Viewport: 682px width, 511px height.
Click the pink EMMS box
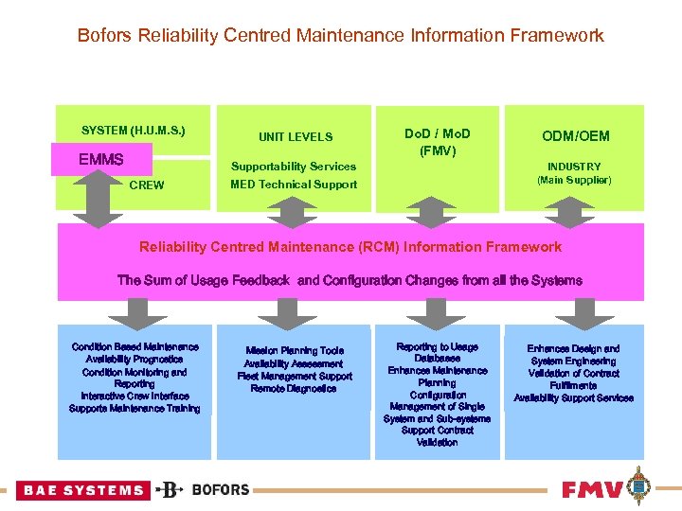100,159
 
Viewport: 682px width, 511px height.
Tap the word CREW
146,185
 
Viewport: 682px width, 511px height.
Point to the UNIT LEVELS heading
296,137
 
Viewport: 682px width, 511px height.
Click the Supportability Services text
294,167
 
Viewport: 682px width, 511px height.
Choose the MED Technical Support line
294,185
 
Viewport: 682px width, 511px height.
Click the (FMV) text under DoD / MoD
437,150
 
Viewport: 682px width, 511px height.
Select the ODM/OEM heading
574,137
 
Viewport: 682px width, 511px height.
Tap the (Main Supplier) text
574,180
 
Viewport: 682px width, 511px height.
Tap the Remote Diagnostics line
294,389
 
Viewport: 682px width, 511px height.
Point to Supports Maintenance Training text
135,409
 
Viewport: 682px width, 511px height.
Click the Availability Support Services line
573,398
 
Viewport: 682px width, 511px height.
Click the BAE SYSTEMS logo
83,490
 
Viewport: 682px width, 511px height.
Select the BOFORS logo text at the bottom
220,490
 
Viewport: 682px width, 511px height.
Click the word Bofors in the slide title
105,36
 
